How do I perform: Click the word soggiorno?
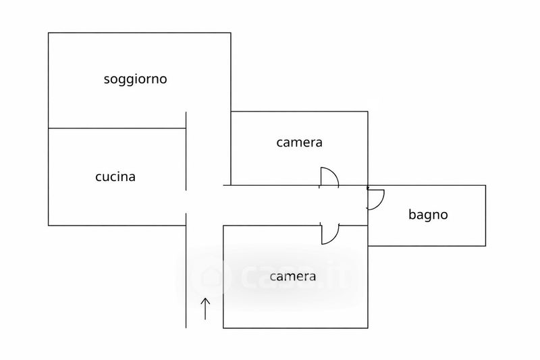(135, 79)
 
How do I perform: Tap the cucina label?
(115, 177)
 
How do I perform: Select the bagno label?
(428, 215)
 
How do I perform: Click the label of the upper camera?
(299, 143)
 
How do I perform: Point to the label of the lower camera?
(293, 276)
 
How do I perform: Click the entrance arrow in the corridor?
(206, 308)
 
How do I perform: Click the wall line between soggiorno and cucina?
(116, 128)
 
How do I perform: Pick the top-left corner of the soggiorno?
(49, 32)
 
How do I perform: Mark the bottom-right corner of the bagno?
(485, 246)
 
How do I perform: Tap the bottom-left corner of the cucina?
(49, 225)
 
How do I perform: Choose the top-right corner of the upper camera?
(368, 111)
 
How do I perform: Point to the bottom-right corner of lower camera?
(368, 328)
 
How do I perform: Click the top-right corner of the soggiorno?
(231, 32)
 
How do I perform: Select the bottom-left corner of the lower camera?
(223, 328)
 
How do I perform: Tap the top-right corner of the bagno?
(485, 185)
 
